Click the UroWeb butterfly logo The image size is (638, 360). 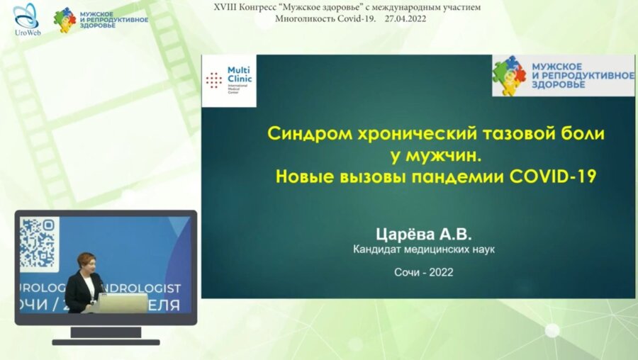coord(26,16)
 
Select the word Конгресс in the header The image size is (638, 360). coord(257,7)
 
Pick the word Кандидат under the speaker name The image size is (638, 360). coord(380,249)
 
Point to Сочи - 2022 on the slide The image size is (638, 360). coord(423,271)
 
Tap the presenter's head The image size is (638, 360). coord(86,262)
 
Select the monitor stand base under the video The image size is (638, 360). coord(106,341)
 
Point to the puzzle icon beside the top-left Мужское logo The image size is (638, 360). coord(65,19)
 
